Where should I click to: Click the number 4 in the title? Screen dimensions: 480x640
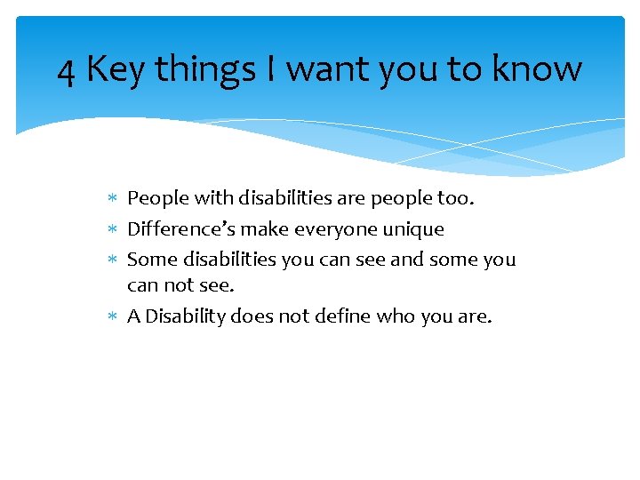(66, 69)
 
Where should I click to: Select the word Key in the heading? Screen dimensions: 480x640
(116, 69)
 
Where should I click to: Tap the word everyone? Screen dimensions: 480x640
(327, 229)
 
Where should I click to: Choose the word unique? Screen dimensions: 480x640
(413, 229)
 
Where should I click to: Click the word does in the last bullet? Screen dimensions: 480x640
(252, 316)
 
